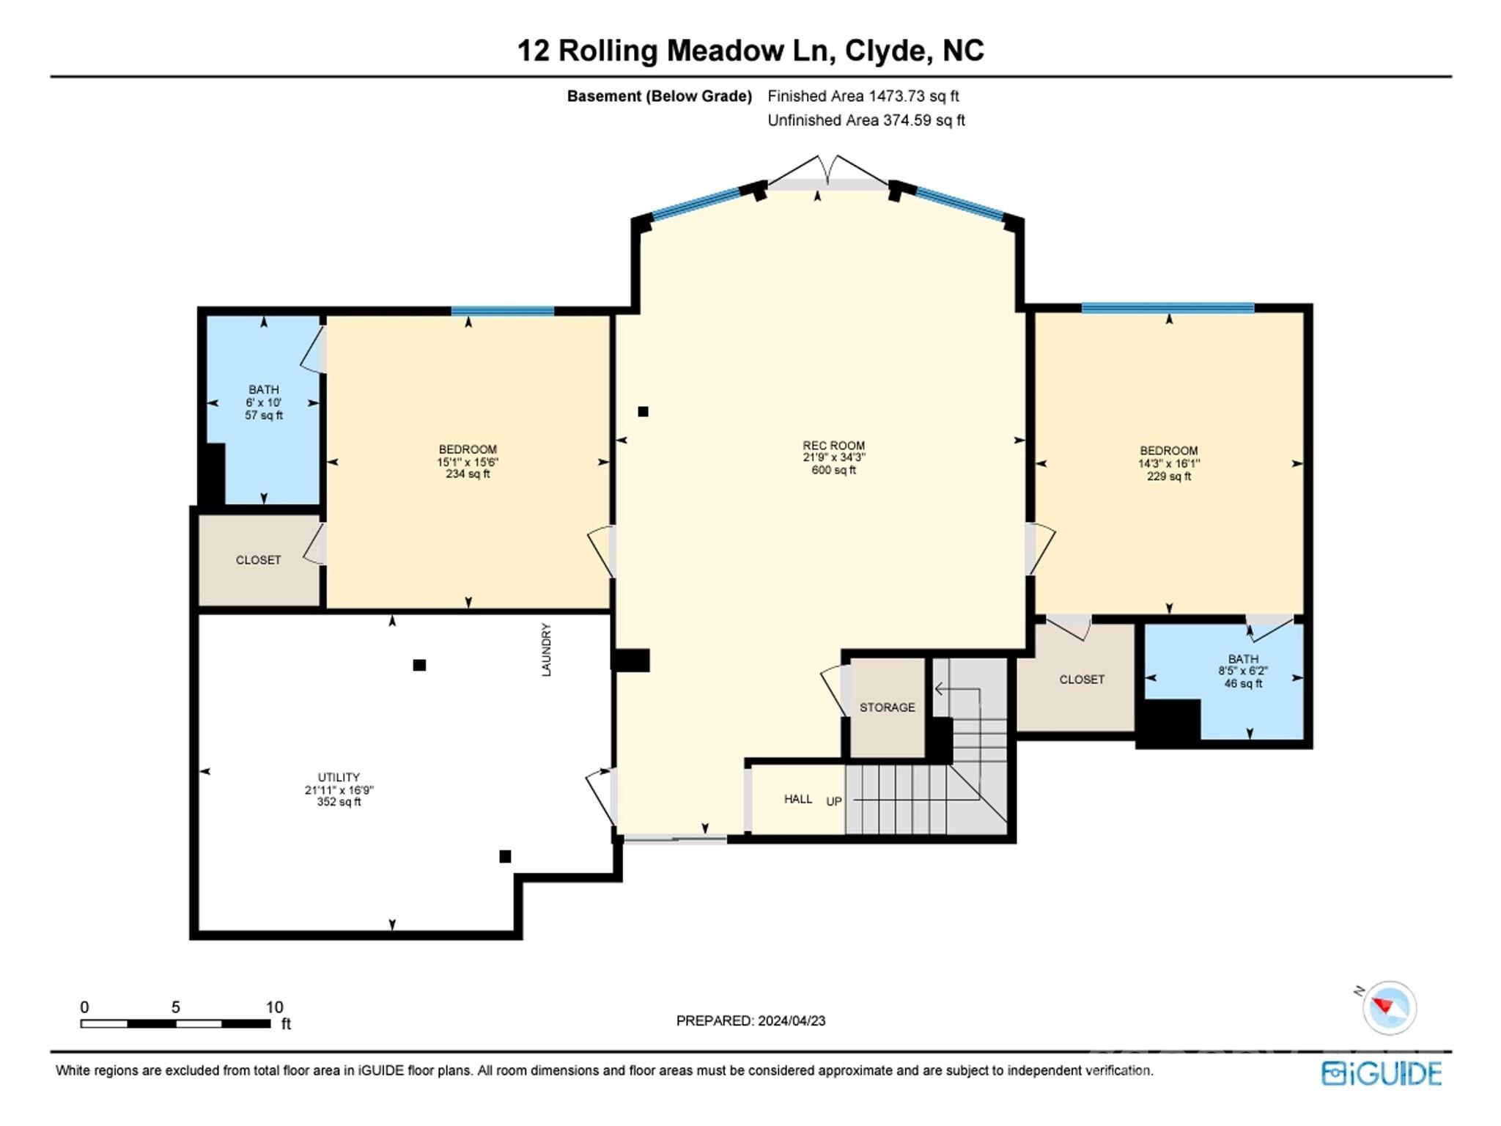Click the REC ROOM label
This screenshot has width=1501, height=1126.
[833, 445]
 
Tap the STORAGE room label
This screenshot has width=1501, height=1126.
[887, 707]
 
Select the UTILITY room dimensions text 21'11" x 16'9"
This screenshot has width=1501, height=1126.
[339, 790]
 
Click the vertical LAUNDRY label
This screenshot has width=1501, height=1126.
[546, 650]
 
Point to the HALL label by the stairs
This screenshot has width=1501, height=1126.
[798, 799]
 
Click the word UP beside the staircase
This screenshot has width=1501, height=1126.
[834, 801]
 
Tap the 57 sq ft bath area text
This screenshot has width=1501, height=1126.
[264, 416]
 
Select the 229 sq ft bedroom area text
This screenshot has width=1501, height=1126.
[1169, 476]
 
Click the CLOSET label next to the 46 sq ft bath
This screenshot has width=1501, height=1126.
[1082, 680]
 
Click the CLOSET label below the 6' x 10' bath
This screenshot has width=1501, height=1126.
[258, 560]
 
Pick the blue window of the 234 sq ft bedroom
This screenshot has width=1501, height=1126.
[502, 311]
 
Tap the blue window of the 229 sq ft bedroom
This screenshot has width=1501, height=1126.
[1168, 308]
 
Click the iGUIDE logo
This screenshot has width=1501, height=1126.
[1382, 1073]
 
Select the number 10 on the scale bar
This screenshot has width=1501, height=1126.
[274, 1007]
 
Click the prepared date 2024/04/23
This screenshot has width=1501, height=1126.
[792, 1020]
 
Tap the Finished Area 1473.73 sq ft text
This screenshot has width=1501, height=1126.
[863, 96]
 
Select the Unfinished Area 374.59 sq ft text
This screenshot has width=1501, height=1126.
[866, 120]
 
